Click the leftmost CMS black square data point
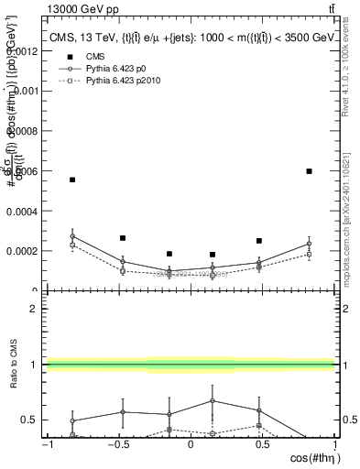coord(72,180)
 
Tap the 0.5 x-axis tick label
coord(263,446)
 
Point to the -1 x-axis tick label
coord(46,446)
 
